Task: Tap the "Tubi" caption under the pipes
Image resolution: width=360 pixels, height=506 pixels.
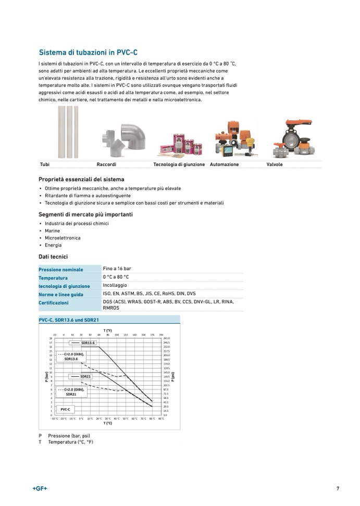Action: pyautogui.click(x=45, y=165)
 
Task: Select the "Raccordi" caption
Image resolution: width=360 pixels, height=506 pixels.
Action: pyautogui.click(x=106, y=165)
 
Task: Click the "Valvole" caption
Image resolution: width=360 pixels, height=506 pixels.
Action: pyautogui.click(x=275, y=165)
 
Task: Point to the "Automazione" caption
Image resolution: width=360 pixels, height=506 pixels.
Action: pyautogui.click(x=224, y=165)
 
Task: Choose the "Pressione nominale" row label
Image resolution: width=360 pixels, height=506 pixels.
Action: pyautogui.click(x=61, y=270)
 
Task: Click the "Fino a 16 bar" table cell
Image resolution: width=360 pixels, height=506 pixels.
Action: pyautogui.click(x=117, y=269)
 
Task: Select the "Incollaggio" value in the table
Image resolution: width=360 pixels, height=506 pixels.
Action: pyautogui.click(x=115, y=285)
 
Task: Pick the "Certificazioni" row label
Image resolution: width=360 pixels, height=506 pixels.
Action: pyautogui.click(x=53, y=302)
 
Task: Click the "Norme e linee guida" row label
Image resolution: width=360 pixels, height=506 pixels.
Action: pyautogui.click(x=61, y=295)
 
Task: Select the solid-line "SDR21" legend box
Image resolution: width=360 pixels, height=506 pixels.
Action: pyautogui.click(x=81, y=376)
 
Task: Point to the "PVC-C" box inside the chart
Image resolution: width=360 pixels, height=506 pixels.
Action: pyautogui.click(x=65, y=409)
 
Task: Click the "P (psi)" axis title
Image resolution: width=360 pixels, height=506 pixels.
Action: pyautogui.click(x=173, y=376)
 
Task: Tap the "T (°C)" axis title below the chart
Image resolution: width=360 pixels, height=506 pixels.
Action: pyautogui.click(x=107, y=423)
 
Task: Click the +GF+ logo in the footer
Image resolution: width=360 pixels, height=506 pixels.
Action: pyautogui.click(x=40, y=488)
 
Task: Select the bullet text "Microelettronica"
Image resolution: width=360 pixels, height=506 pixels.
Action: pyautogui.click(x=63, y=238)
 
